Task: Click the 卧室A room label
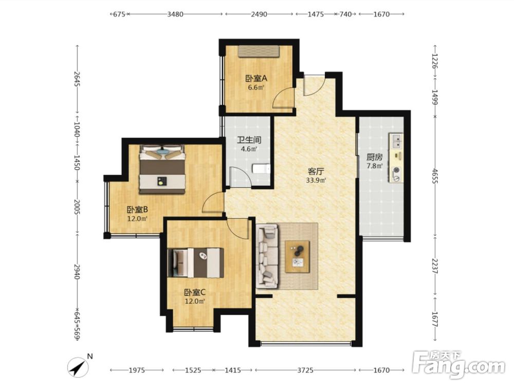(256, 79)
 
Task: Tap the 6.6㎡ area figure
(256, 87)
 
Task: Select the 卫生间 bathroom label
(249, 140)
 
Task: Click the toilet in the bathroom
(262, 169)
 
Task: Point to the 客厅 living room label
(316, 171)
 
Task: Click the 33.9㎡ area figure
(316, 180)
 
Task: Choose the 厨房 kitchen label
(374, 157)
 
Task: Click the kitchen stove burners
(396, 174)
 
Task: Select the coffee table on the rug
(297, 257)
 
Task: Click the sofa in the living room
(268, 256)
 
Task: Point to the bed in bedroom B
(162, 169)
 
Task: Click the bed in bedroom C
(196, 263)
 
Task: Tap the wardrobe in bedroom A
(259, 51)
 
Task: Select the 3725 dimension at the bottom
(305, 370)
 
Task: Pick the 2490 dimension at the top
(259, 14)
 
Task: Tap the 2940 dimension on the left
(77, 272)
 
